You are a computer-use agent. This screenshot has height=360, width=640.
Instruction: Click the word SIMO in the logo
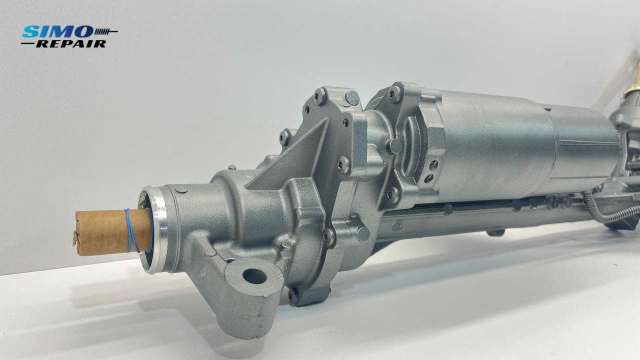point(57,31)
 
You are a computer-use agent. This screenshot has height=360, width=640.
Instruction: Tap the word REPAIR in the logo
point(71,43)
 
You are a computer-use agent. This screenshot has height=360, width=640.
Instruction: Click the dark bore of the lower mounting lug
point(254,276)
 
